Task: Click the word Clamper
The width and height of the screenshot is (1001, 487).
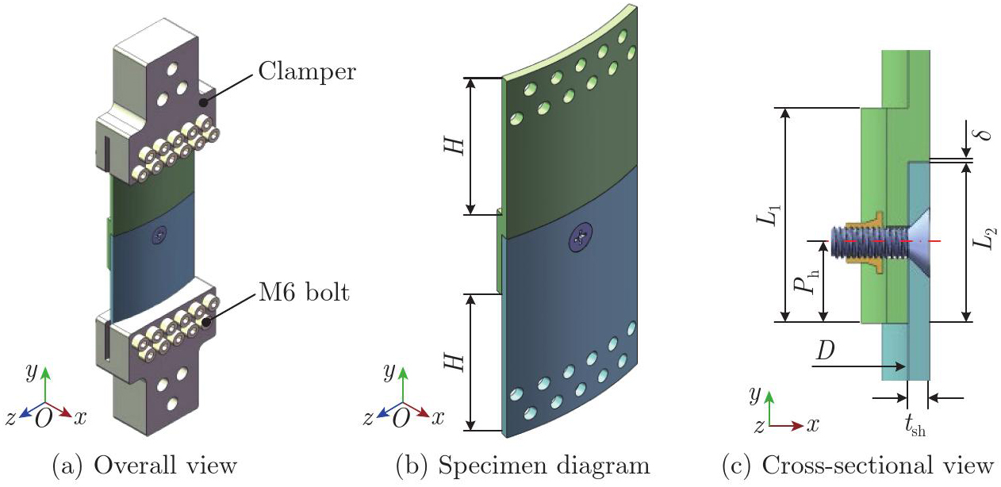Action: click(307, 71)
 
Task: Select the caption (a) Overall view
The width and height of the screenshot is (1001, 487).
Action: click(144, 466)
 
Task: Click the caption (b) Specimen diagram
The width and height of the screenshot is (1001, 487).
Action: click(523, 466)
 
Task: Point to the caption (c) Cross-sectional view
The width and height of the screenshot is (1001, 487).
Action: click(858, 466)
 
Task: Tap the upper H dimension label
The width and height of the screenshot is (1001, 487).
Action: click(454, 146)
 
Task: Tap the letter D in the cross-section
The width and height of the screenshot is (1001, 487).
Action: click(825, 351)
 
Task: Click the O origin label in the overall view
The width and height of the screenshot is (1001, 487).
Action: click(44, 418)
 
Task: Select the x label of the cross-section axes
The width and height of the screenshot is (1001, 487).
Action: click(812, 425)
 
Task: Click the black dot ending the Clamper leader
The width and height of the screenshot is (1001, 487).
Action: click(203, 102)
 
